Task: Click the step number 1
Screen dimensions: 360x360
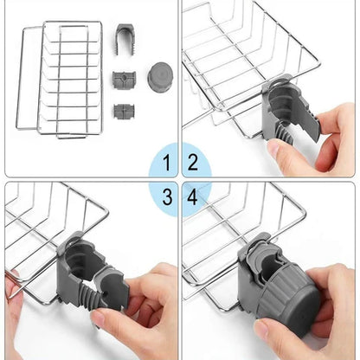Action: point(167,163)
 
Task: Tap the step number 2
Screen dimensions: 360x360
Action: point(193,163)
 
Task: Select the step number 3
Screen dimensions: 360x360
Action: point(167,197)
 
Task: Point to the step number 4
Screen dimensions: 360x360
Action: point(192,197)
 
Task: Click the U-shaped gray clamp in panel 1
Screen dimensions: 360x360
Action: point(126,39)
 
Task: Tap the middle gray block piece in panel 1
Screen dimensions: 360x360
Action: point(124,79)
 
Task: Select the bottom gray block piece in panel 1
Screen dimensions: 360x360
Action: point(124,111)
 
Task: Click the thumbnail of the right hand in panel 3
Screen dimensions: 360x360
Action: point(99,317)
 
